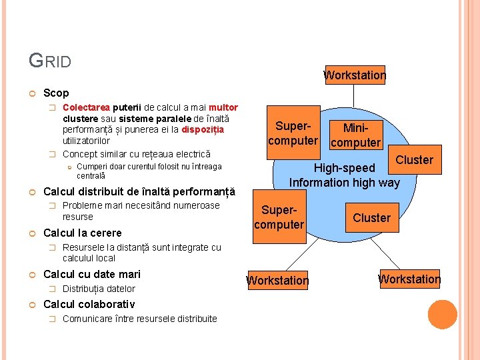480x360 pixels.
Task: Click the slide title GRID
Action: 50,61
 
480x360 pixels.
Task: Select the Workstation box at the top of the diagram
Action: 355,75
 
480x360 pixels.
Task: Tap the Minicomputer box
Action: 355,135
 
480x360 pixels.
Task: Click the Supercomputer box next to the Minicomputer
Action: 293,133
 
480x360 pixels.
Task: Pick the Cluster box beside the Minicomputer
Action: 414,160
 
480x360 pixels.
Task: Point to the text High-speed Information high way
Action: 344,175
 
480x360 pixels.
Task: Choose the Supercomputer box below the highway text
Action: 279,217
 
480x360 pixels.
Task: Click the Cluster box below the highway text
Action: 371,218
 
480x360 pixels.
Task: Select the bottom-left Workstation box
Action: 277,281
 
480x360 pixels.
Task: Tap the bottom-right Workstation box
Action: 409,279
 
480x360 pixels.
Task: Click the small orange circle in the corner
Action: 442,315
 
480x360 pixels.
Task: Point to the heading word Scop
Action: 56,93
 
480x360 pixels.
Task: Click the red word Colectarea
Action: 86,107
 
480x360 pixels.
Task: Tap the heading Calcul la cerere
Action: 83,233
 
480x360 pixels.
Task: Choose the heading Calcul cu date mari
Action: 92,274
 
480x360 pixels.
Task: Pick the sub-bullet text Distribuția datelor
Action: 99,289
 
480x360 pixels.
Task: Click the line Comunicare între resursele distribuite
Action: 139,319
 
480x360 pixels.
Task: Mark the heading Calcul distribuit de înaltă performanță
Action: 139,191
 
